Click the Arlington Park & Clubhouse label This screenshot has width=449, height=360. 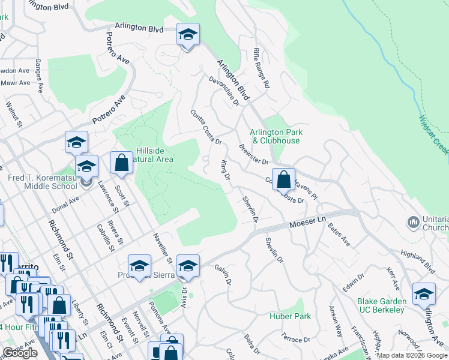pos(276,136)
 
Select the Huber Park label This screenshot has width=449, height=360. pos(294,316)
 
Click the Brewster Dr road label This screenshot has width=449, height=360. pos(253,154)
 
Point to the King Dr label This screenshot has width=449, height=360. pos(225,169)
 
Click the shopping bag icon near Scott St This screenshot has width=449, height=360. pos(122,163)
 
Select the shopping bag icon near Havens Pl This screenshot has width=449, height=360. pos(284,179)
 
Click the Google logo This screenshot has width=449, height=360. pos(20,353)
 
